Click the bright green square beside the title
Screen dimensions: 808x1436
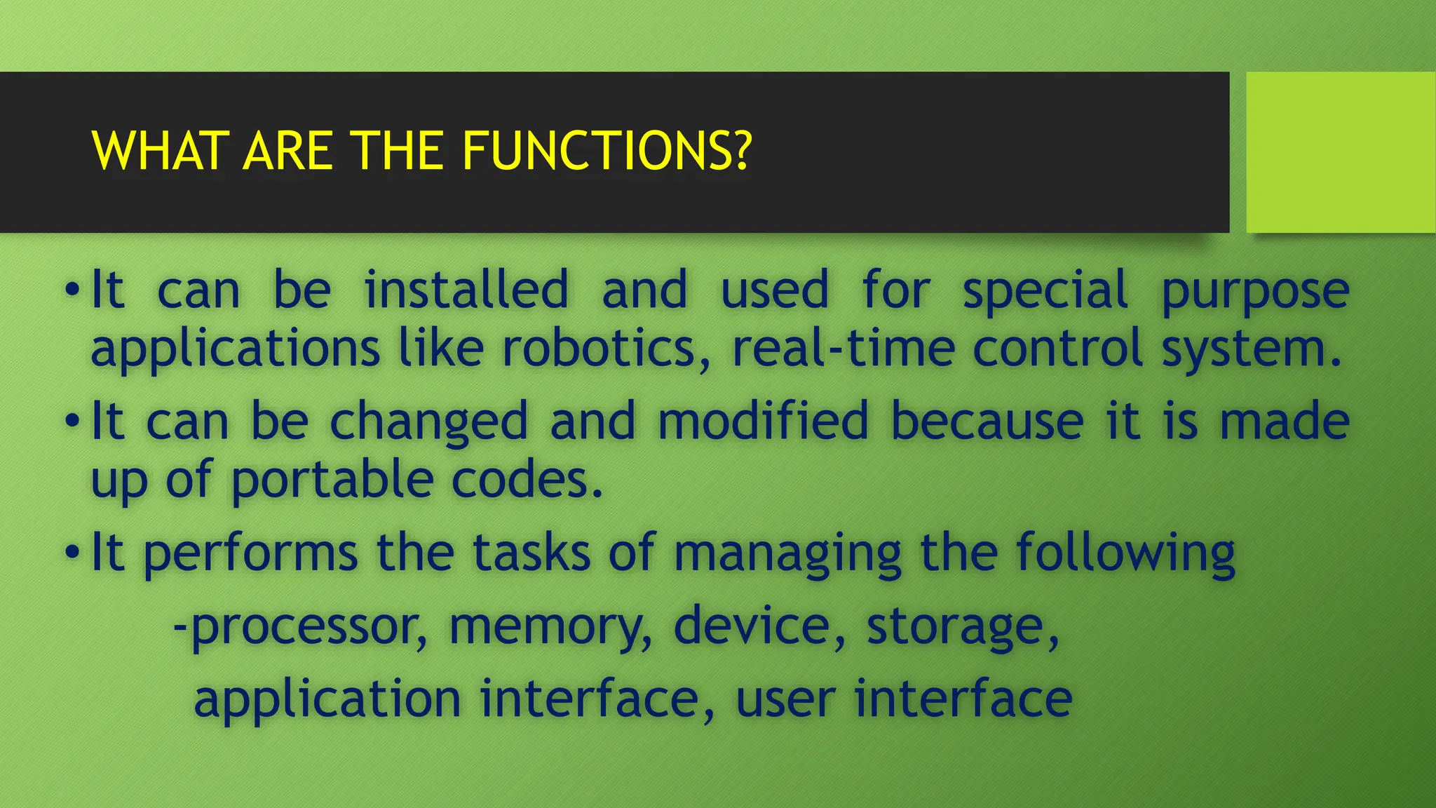(1341, 151)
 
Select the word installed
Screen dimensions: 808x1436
(466, 290)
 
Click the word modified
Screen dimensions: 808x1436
(764, 422)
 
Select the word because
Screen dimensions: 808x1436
(987, 422)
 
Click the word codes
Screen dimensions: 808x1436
(527, 480)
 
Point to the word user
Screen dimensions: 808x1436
(785, 700)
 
